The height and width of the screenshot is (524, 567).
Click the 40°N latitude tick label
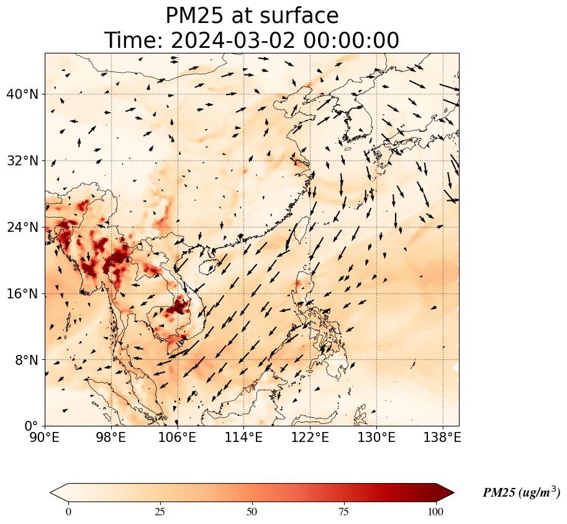click(22, 94)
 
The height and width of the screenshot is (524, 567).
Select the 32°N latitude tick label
click(22, 161)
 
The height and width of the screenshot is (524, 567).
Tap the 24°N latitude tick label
click(22, 228)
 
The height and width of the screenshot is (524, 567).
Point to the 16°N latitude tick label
click(22, 293)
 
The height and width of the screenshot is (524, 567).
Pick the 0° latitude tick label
click(32, 426)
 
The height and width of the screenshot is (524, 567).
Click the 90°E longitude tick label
click(45, 438)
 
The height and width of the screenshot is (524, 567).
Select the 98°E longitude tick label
click(111, 438)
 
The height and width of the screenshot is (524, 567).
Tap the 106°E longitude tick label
click(178, 438)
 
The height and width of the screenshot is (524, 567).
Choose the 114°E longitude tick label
click(244, 438)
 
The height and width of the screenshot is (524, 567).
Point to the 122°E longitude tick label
click(311, 438)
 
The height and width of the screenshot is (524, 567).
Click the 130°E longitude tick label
click(377, 438)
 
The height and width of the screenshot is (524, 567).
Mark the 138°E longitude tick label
click(443, 438)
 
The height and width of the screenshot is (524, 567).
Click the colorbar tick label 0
click(68, 512)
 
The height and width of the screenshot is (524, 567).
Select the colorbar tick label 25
click(160, 512)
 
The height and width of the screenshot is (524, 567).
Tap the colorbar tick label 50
click(252, 512)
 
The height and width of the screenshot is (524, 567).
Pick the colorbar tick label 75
click(343, 512)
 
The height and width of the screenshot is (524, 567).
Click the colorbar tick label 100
click(435, 512)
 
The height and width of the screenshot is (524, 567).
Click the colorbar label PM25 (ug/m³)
click(521, 492)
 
